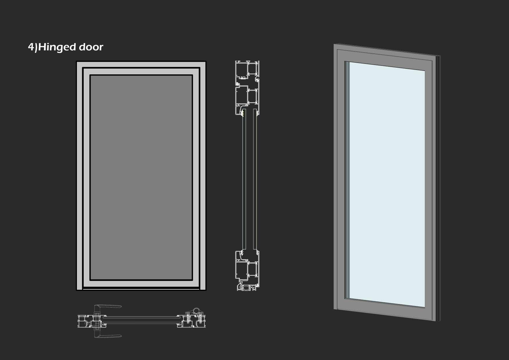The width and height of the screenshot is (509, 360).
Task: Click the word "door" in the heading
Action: (x=91, y=47)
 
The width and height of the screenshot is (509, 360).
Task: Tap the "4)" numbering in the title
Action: (x=33, y=47)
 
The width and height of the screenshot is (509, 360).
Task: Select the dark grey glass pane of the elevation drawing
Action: (x=141, y=177)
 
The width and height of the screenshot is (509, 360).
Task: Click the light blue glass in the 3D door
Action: (x=386, y=183)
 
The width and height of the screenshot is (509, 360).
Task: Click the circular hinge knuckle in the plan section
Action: (x=196, y=310)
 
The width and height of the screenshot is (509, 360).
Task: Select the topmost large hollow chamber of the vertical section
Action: (x=242, y=70)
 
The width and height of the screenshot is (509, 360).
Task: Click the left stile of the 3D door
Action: (x=341, y=180)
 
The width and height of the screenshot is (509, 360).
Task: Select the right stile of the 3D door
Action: (x=429, y=189)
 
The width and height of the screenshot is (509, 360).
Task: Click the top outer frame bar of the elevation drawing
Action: (x=141, y=64)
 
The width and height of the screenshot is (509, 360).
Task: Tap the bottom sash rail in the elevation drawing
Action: (x=141, y=284)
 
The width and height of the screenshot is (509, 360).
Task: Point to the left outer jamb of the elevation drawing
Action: (x=80, y=177)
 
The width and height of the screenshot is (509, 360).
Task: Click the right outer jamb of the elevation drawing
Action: (x=203, y=177)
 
